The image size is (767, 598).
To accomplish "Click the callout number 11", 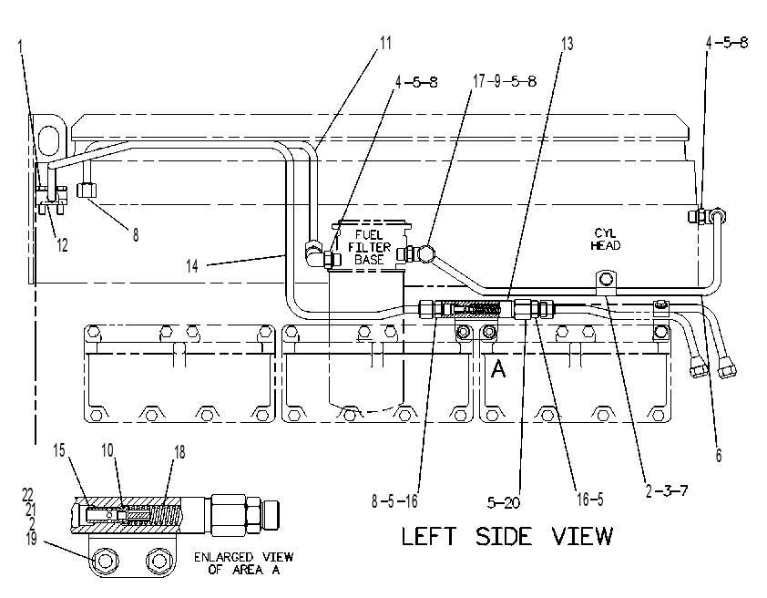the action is click(x=386, y=43).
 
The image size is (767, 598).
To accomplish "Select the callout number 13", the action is click(x=567, y=44).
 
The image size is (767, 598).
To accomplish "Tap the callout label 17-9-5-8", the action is click(x=505, y=81).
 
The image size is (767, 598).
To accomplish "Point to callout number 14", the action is click(x=192, y=265).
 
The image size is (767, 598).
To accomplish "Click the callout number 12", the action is click(x=62, y=244).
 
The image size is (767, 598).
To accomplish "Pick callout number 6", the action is click(x=719, y=455).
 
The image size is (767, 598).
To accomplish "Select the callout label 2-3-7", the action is click(x=667, y=490).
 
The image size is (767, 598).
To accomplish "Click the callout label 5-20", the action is click(x=504, y=502).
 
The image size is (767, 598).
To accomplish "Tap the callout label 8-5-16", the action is click(x=394, y=500).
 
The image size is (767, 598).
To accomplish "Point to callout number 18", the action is click(x=179, y=451).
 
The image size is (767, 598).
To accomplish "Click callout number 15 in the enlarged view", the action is click(x=58, y=450).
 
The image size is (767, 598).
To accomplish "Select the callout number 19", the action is click(x=31, y=539).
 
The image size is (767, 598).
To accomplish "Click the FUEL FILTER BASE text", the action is click(x=369, y=247).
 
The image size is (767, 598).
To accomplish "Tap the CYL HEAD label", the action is click(x=606, y=240).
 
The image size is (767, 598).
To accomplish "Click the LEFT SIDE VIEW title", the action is click(x=506, y=536).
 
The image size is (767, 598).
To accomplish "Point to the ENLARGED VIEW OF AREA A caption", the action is click(x=243, y=563).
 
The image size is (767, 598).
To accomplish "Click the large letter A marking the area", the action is click(x=498, y=369).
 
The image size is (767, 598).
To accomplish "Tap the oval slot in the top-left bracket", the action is click(x=49, y=140).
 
